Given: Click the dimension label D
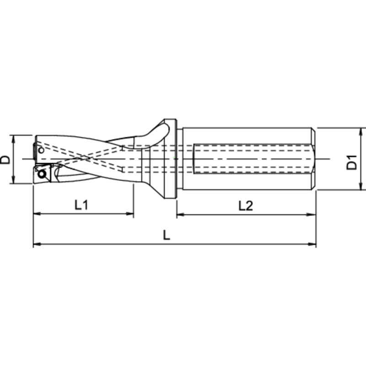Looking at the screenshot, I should coord(5,160).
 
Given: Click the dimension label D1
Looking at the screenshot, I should coord(351,162).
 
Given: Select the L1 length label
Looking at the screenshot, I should coord(81,205).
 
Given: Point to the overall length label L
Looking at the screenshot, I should coord(167,236).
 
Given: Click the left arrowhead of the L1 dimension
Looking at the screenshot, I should coord(37,214).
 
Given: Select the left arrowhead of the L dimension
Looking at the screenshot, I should coord(37,244).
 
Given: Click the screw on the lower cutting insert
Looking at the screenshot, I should coord(42,173).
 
